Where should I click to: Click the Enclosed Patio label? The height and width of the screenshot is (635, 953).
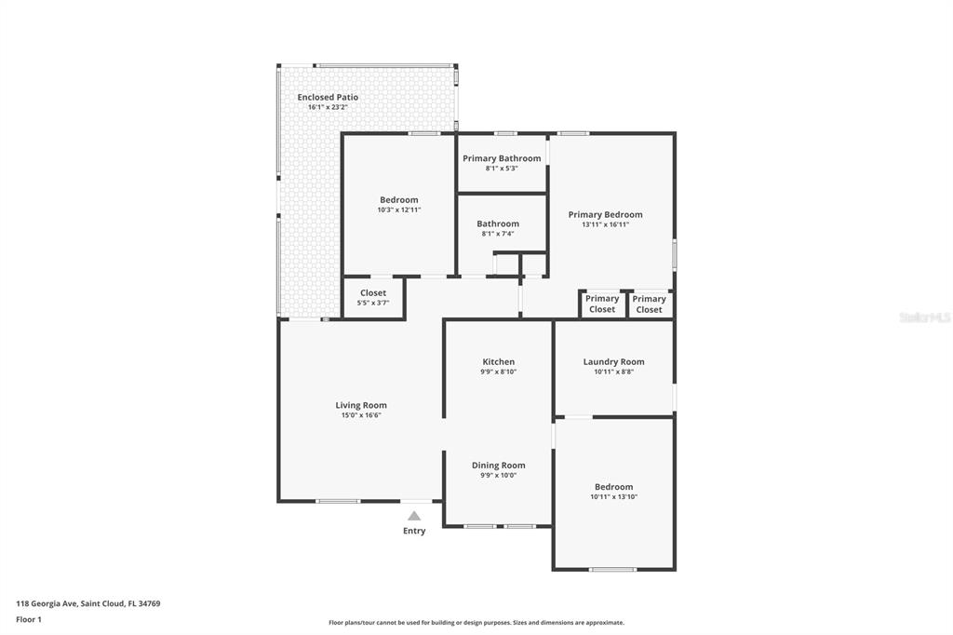328,98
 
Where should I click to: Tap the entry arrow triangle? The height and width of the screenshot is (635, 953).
414,516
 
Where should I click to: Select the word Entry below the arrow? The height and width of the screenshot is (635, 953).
414,531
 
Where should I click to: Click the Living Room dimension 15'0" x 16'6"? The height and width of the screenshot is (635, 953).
361,415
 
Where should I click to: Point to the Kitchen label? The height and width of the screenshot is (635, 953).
499,362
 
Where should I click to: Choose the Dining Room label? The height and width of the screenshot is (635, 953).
499,466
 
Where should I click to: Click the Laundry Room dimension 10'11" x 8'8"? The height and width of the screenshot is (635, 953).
614,372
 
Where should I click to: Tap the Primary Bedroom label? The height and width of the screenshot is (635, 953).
605,215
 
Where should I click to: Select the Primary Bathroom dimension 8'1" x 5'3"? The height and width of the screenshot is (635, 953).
502,169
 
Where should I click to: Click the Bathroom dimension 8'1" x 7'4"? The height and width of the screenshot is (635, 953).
498,234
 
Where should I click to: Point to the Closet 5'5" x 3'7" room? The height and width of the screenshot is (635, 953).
373,297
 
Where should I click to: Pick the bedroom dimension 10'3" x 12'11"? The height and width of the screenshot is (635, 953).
398,209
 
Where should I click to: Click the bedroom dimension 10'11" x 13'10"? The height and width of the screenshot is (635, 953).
614,497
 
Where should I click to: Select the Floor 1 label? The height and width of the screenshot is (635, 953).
29,620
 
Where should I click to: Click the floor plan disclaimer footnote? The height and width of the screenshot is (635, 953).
476,623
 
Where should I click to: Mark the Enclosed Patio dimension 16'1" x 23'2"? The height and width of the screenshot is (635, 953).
328,107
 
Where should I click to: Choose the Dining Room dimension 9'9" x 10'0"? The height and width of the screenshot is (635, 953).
499,476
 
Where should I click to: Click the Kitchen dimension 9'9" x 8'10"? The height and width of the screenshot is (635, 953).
499,372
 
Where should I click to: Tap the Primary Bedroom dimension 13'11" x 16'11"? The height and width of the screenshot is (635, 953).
605,224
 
